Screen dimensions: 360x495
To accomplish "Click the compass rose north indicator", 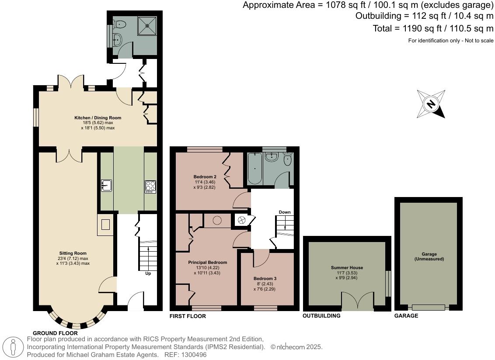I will click(431, 104).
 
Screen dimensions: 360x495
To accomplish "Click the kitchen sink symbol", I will click(106, 186).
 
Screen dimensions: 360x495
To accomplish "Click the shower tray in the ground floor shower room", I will click(147, 25).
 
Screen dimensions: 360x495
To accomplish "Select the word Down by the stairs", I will click(285, 212).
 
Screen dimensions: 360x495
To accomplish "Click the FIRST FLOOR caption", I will click(188, 316).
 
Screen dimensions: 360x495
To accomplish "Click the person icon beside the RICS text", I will click(13, 347).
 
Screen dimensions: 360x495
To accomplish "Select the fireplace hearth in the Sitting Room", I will click(105, 225).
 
